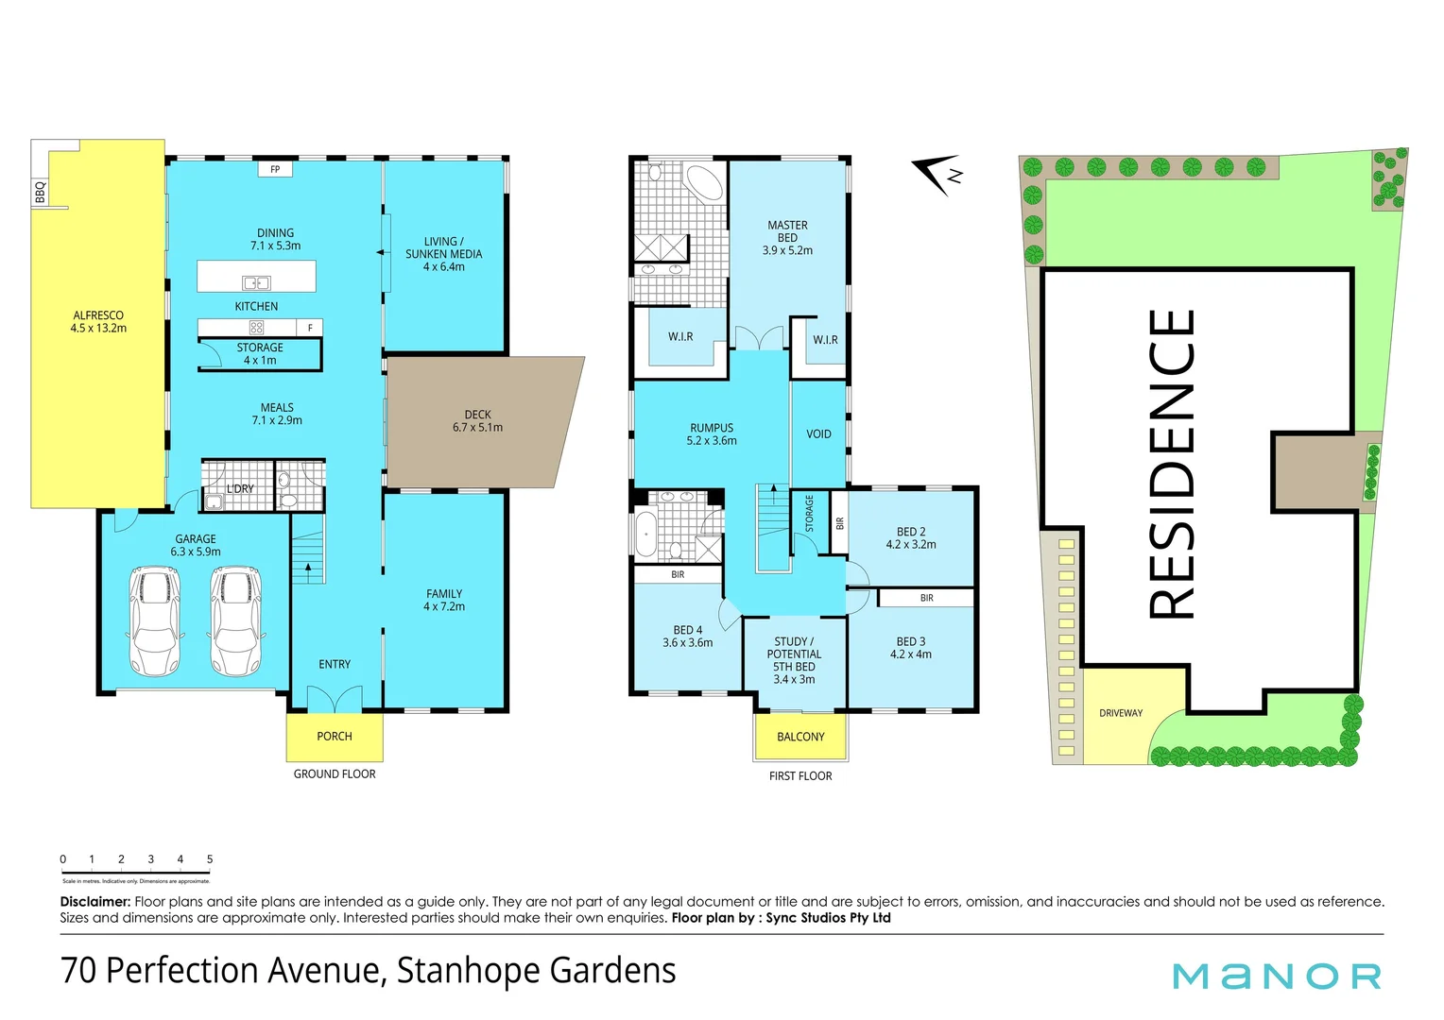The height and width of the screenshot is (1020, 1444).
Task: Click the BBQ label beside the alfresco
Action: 40,193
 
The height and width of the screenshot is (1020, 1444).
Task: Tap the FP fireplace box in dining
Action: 275,170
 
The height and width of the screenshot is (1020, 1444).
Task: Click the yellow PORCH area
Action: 335,737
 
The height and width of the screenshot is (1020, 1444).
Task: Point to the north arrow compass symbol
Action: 939,175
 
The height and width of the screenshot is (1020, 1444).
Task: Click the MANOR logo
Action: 1276,976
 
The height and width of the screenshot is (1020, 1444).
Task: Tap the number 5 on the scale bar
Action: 210,859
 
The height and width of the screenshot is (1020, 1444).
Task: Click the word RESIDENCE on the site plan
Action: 1172,465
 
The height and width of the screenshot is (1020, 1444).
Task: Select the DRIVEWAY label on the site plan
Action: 1121,713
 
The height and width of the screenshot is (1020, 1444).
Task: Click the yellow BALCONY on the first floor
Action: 800,737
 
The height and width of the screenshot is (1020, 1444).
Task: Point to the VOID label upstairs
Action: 818,434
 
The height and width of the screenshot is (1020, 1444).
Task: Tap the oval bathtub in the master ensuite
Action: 702,182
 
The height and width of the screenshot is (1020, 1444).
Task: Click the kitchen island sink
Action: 256,282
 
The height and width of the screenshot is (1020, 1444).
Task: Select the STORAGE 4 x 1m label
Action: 260,354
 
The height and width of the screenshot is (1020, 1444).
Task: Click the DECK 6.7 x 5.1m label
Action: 477,421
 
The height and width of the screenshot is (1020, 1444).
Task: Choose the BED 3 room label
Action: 911,648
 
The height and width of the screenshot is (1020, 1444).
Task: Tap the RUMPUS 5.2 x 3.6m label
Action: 712,434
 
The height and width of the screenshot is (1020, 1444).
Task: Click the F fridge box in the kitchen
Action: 310,328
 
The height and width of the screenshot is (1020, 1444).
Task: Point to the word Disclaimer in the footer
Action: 95,902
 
